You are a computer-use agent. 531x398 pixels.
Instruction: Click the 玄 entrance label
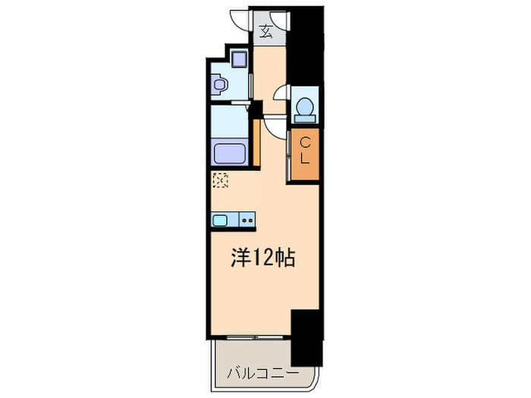point(266,31)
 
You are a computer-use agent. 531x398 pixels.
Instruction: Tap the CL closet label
point(305,151)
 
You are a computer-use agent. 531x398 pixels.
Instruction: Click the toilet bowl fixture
point(305,107)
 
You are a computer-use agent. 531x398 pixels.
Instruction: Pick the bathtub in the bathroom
point(231,154)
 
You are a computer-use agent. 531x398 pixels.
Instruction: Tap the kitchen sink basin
point(221,221)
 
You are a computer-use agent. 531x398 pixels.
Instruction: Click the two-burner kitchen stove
point(248,221)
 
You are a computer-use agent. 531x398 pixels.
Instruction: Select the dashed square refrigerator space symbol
point(221,180)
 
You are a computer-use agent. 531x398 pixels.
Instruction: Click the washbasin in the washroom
point(219,86)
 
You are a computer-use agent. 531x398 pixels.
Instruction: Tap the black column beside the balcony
point(306,338)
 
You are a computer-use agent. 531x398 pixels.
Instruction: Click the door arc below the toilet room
point(275,124)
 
